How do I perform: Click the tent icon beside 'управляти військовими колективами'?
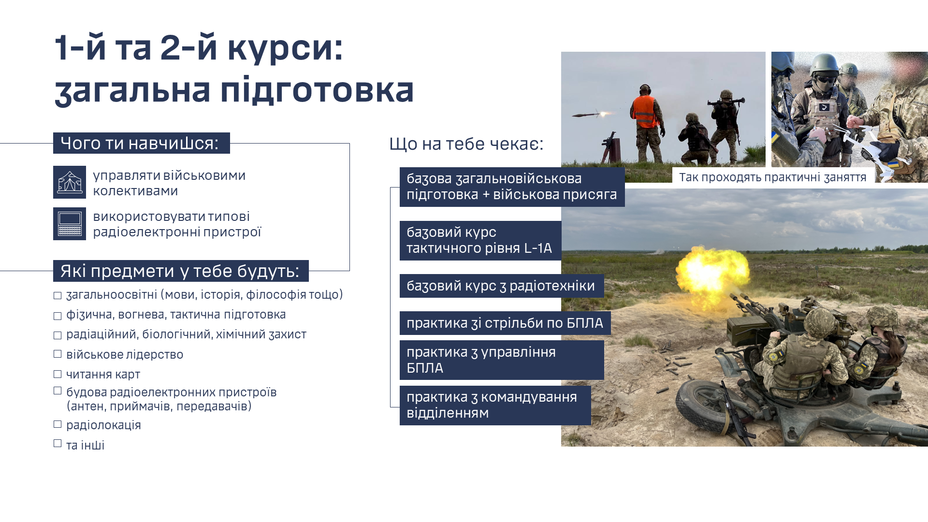(70, 182)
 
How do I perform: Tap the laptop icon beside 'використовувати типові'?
(70, 224)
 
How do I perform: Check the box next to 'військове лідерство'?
(58, 354)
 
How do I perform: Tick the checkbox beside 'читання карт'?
(58, 374)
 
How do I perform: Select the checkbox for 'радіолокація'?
(58, 424)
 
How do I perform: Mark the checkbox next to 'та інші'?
(58, 443)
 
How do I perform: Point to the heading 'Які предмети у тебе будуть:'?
(181, 271)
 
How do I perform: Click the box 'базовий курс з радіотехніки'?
(502, 286)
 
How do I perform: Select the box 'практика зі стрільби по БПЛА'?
(505, 323)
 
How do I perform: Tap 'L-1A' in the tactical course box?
(538, 248)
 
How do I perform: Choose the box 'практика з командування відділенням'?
(495, 406)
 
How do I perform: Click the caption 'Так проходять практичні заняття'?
(772, 177)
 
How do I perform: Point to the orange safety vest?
(646, 112)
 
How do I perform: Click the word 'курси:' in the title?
(285, 48)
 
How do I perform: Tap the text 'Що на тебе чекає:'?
(466, 144)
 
